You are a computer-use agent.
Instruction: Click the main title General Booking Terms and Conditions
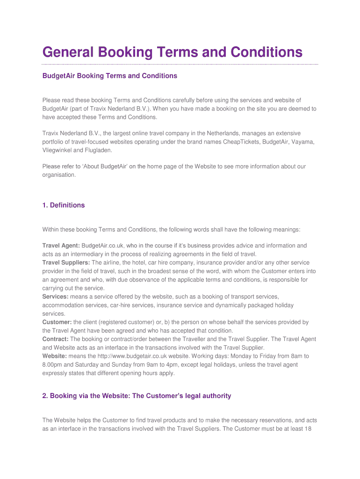[x=172, y=51]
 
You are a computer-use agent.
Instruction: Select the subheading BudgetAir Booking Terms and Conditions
[x=110, y=76]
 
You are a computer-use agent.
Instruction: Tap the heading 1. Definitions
[x=64, y=205]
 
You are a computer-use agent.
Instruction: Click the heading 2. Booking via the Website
[x=137, y=396]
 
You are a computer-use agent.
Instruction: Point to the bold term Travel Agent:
[x=61, y=246]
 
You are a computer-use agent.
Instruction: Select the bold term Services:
[x=56, y=297]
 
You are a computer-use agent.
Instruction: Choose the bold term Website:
[x=55, y=356]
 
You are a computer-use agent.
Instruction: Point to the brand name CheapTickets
[x=245, y=142]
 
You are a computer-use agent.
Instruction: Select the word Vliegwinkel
[x=58, y=151]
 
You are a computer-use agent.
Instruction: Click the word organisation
[x=58, y=174]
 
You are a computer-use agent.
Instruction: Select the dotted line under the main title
[x=180, y=64]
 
